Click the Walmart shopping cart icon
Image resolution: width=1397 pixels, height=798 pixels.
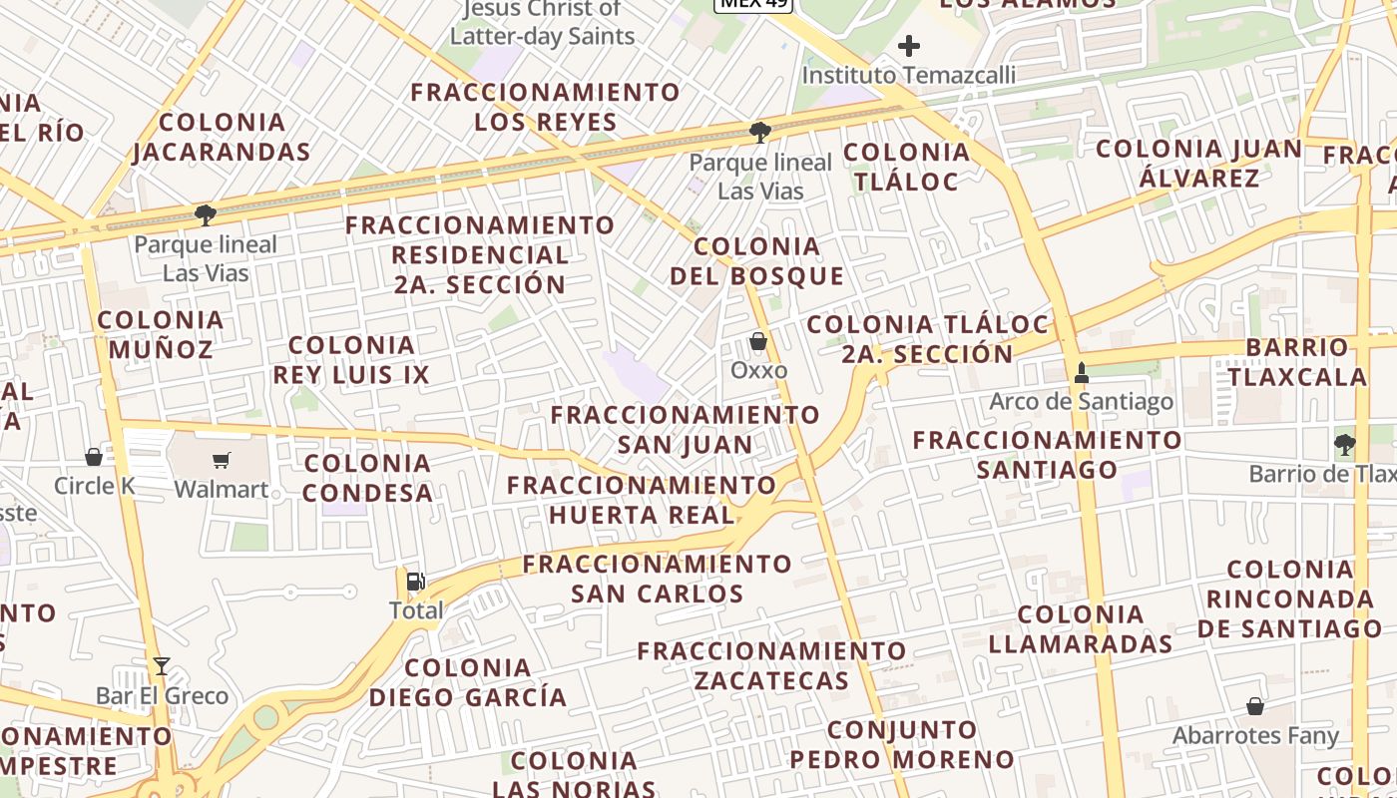pos(221,460)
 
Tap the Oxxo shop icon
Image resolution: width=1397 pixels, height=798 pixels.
pos(758,342)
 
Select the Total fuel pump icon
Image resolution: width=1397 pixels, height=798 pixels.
pos(415,581)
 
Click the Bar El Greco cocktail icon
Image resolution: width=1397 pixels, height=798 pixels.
pos(161,665)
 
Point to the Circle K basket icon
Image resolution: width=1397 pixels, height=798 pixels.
pos(94,457)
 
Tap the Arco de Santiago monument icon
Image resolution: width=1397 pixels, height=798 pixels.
pos(1081,373)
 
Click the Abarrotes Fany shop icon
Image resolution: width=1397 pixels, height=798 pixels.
pos(1255,706)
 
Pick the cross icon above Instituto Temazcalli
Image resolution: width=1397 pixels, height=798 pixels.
pos(908,45)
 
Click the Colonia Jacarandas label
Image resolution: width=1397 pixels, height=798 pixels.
pos(222,137)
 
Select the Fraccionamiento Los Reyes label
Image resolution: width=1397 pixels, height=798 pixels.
pos(546,107)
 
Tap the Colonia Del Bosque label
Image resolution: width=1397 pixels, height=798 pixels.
pos(757,260)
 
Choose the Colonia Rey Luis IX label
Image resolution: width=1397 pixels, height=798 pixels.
pos(351,360)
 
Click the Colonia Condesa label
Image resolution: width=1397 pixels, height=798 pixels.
pos(368,477)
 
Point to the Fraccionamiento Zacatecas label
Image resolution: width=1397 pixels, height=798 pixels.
pos(772,666)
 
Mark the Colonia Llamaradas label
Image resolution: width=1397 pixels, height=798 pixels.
pos(1081,628)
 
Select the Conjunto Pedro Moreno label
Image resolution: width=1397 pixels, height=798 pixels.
pos(902,744)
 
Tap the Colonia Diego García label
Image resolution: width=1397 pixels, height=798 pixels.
pos(468,682)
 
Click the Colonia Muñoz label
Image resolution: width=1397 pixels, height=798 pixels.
pos(161,334)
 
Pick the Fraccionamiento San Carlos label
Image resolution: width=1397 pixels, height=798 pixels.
pos(658,579)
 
